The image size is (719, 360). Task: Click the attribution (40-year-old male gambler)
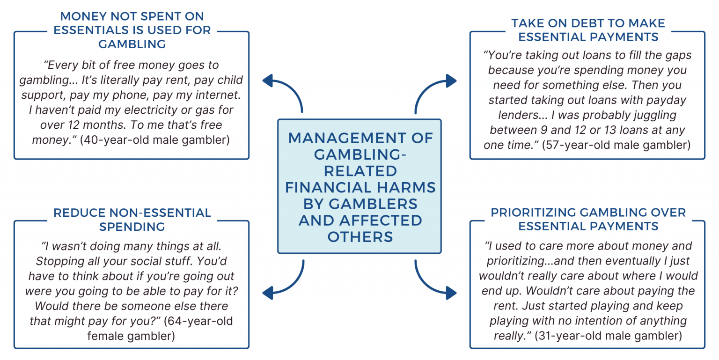pyautogui.click(x=154, y=140)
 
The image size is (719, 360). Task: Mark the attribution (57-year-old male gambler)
pyautogui.click(x=616, y=145)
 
